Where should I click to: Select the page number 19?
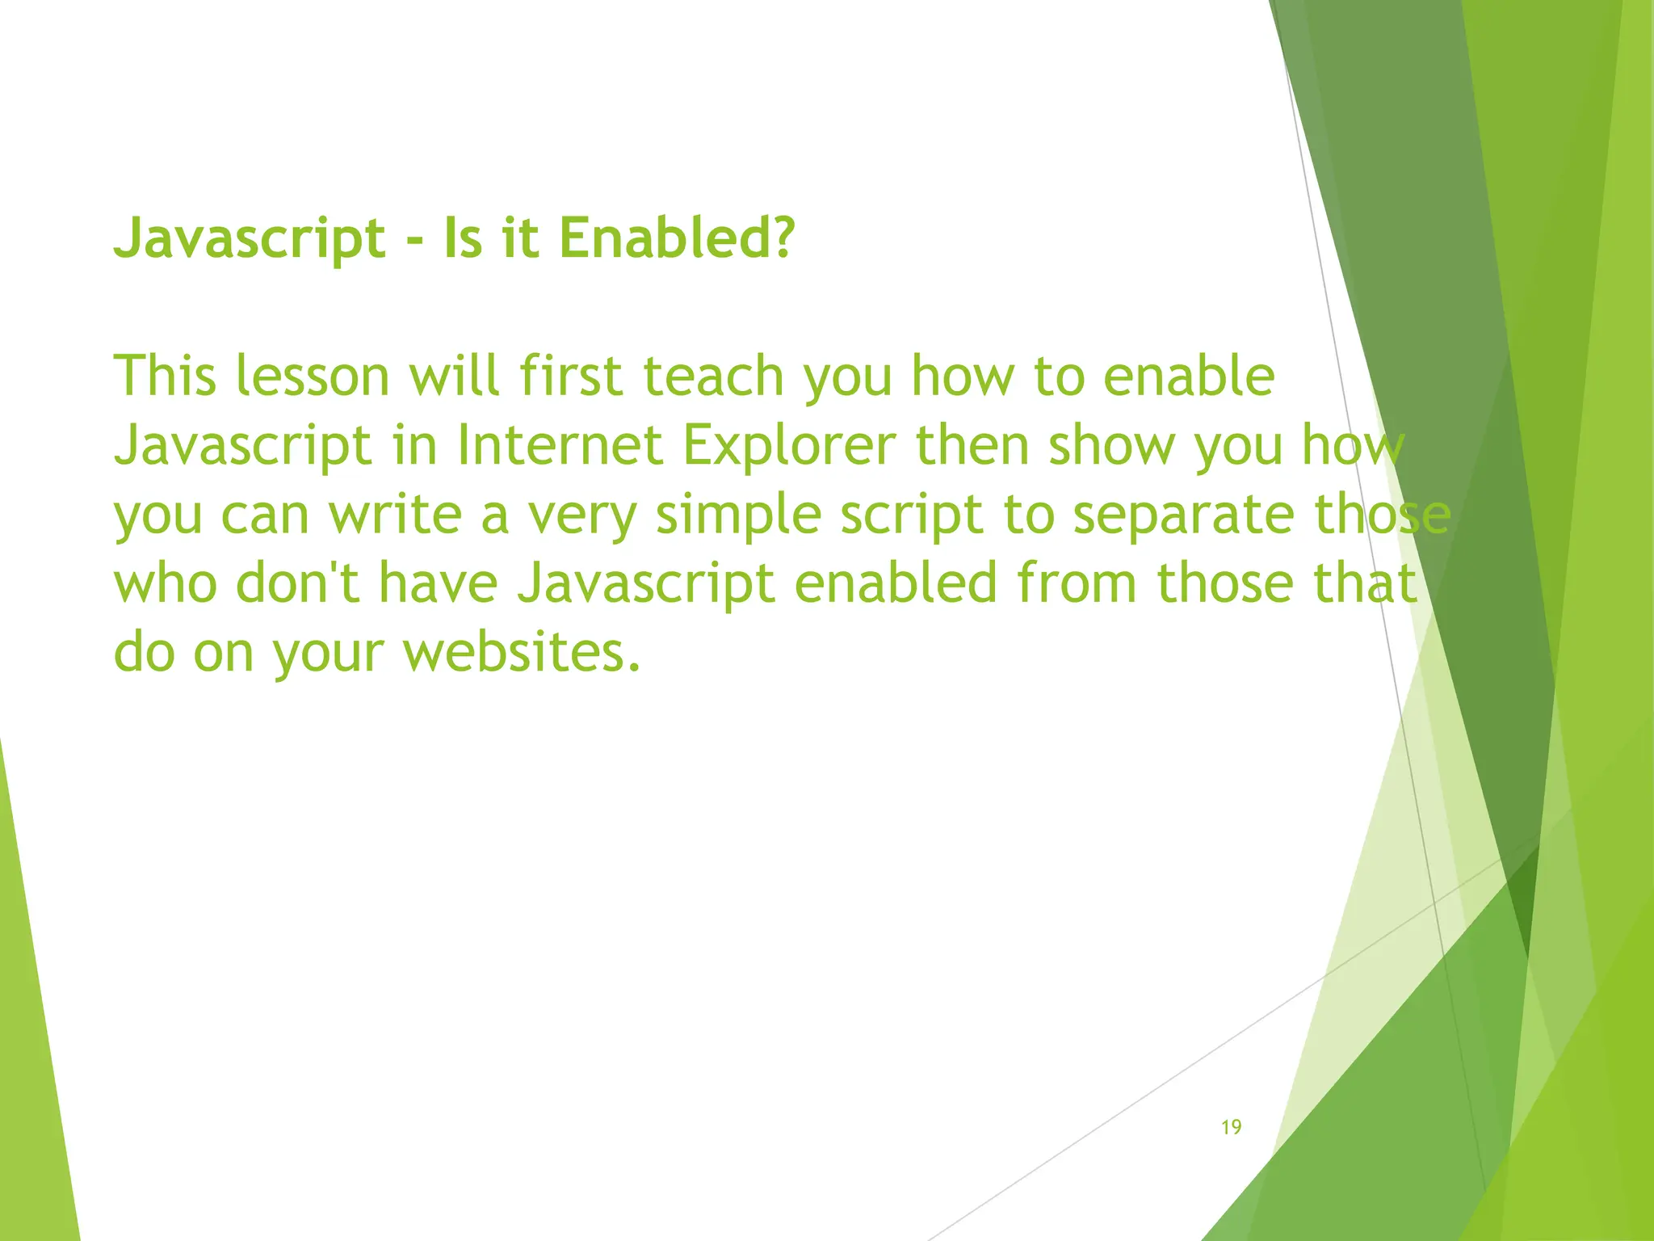pos(1231,1127)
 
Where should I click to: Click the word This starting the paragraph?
pos(165,377)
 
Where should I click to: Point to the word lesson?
pos(313,377)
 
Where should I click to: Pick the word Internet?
pos(560,446)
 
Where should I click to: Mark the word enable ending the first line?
pos(1189,377)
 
